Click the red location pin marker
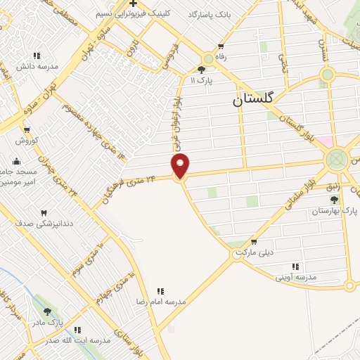pos(180,166)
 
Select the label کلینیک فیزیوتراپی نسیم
pos(133,14)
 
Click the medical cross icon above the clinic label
pos(132,4)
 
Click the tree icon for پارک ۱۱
pos(202,70)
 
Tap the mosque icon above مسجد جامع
pos(17,161)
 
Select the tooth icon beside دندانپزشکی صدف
pos(44,212)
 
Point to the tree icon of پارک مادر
pos(48,311)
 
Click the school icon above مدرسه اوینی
pos(295,266)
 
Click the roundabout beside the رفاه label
pos(208,60)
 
